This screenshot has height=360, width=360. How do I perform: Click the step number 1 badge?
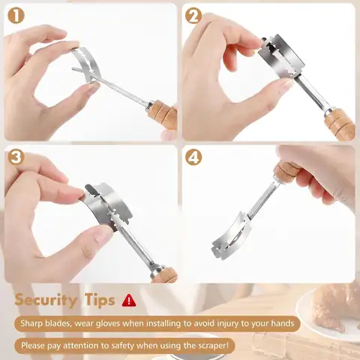click(16, 16)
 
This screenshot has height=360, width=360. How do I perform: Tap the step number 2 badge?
click(193, 16)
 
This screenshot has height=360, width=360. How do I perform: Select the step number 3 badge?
click(16, 157)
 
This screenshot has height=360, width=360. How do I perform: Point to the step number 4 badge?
click(193, 157)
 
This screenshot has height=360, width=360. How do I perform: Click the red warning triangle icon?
click(129, 301)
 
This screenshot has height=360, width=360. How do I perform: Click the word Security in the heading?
click(46, 300)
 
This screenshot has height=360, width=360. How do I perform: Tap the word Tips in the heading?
click(100, 300)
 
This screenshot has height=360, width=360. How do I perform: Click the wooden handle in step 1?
click(163, 114)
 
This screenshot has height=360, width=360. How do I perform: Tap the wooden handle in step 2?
click(340, 124)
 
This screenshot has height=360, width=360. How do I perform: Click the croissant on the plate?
click(336, 307)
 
